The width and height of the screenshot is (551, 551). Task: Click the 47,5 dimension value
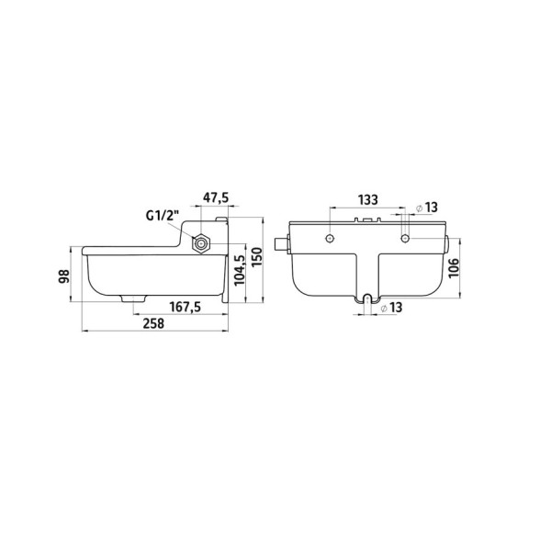pyautogui.click(x=216, y=197)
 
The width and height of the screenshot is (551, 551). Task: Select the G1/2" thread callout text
pyautogui.click(x=163, y=215)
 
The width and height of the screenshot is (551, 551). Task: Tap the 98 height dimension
pyautogui.click(x=64, y=276)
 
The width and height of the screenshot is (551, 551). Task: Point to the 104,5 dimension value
pyautogui.click(x=239, y=270)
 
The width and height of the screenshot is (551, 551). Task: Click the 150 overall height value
pyautogui.click(x=257, y=257)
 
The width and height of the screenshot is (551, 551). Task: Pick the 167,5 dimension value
pyautogui.click(x=186, y=307)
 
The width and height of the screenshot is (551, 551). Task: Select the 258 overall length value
pyautogui.click(x=153, y=323)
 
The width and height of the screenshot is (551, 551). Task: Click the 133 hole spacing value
pyautogui.click(x=368, y=199)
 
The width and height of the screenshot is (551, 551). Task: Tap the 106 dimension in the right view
pyautogui.click(x=454, y=268)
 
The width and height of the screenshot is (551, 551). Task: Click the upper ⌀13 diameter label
pyautogui.click(x=427, y=208)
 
